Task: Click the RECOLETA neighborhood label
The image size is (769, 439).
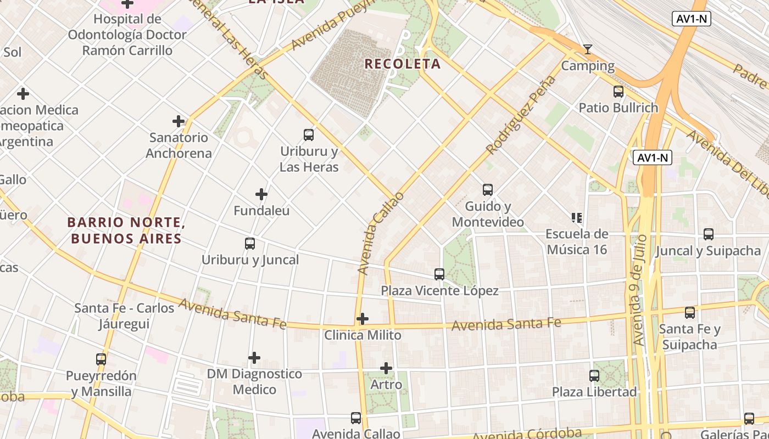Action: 403,64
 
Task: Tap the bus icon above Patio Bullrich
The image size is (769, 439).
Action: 618,92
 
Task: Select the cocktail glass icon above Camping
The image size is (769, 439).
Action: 588,49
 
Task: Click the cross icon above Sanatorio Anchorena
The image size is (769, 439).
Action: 179,121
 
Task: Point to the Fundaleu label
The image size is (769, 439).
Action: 261,211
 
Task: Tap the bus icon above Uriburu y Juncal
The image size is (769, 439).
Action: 250,244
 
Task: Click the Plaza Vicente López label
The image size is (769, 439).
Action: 439,291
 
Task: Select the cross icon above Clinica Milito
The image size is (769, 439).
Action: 363,319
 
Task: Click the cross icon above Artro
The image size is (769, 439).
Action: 386,368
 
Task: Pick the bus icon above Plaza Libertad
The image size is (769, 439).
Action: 594,376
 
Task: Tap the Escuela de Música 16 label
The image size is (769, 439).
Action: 576,242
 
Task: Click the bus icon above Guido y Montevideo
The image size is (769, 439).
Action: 488,190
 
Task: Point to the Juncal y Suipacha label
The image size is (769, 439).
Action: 708,251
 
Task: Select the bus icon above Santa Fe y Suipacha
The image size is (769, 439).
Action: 690,313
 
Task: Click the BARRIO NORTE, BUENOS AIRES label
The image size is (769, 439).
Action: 125,230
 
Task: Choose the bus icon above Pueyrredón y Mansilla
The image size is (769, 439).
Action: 101,359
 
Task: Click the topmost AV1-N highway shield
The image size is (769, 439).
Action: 692,19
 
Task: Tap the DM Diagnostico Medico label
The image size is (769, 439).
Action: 254,382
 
